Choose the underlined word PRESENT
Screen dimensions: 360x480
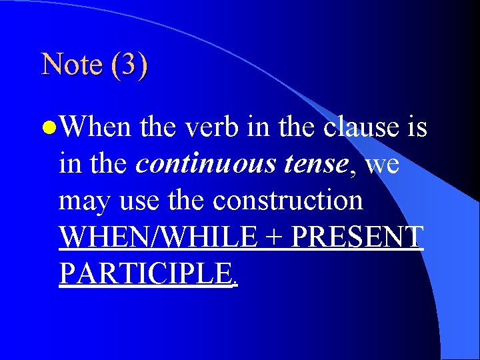coord(357,237)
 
